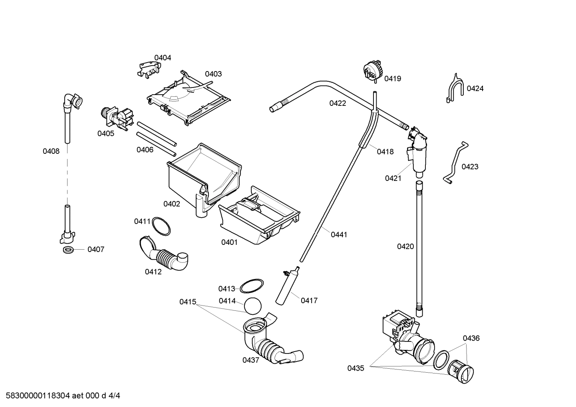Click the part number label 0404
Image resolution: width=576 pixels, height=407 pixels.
pyautogui.click(x=163, y=58)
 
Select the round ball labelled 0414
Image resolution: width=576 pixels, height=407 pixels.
pyautogui.click(x=252, y=306)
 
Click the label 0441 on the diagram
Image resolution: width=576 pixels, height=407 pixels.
pyautogui.click(x=339, y=235)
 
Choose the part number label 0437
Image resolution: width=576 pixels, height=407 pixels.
pyautogui.click(x=250, y=360)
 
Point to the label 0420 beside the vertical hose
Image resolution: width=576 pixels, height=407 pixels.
pyautogui.click(x=405, y=247)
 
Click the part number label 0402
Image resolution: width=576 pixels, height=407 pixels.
pyautogui.click(x=171, y=204)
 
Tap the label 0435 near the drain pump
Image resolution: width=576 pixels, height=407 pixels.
pyautogui.click(x=356, y=368)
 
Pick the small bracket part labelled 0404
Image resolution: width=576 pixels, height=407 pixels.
pyautogui.click(x=148, y=68)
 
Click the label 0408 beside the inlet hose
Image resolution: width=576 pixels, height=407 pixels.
pyautogui.click(x=51, y=151)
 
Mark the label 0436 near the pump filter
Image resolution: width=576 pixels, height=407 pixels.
pyautogui.click(x=471, y=339)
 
